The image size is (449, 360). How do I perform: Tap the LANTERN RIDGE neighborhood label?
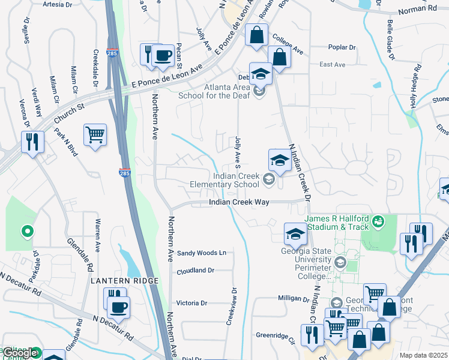124,281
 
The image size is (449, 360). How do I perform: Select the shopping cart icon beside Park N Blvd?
95,134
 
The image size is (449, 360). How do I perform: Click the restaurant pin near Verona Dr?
31,142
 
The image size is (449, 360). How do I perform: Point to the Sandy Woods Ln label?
201,253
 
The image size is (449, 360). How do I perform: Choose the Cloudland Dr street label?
195,271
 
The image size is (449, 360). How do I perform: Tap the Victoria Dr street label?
191,303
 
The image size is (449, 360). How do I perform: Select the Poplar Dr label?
342,47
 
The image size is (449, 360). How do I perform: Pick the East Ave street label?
333,64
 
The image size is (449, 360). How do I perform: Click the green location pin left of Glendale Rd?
26,230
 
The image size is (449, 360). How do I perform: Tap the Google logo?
20,353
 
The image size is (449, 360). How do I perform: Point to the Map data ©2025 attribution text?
423,355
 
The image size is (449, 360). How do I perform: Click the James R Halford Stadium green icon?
378,221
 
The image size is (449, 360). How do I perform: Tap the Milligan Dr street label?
293,298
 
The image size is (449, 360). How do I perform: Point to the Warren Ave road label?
97,235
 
